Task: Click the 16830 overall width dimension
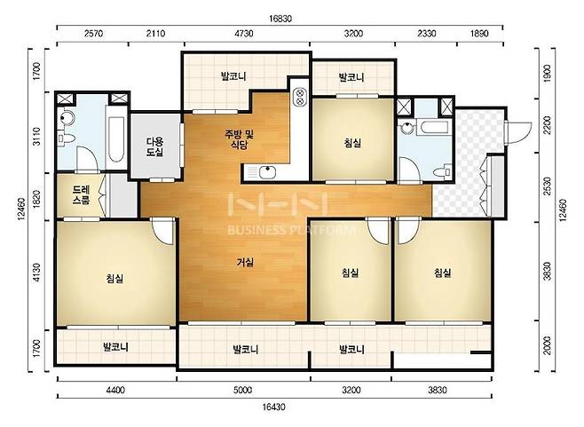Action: pyautogui.click(x=280, y=19)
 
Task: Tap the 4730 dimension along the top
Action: pyautogui.click(x=244, y=34)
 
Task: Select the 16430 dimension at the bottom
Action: pyautogui.click(x=274, y=407)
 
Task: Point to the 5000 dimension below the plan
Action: pyautogui.click(x=242, y=390)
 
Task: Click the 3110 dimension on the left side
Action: pyautogui.click(x=36, y=137)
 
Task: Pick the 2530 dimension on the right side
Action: pyautogui.click(x=547, y=186)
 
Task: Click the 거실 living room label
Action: pyautogui.click(x=246, y=262)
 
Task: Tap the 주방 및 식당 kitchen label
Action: pyautogui.click(x=239, y=139)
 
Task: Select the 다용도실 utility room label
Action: pyautogui.click(x=155, y=146)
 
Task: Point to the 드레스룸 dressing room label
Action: pyautogui.click(x=81, y=195)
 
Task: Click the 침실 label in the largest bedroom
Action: pyautogui.click(x=114, y=278)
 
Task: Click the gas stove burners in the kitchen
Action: pyautogui.click(x=299, y=97)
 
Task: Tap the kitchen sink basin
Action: pyautogui.click(x=267, y=172)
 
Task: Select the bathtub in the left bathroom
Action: pyautogui.click(x=116, y=139)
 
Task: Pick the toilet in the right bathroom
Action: pyautogui.click(x=444, y=171)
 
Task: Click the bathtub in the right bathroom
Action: pyautogui.click(x=434, y=127)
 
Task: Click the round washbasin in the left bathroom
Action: pyautogui.click(x=67, y=118)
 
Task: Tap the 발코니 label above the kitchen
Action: pyautogui.click(x=233, y=76)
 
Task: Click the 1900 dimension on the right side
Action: pyautogui.click(x=547, y=74)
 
